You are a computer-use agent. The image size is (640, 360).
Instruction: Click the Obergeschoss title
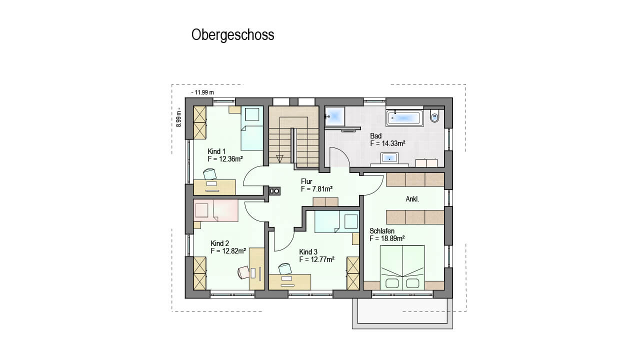pyautogui.click(x=232, y=35)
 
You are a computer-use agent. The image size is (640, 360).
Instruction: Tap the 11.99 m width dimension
pyautogui.click(x=202, y=92)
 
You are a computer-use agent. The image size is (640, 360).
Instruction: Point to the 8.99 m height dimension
pyautogui.click(x=179, y=117)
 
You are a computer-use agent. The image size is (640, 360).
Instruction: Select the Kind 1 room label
pyautogui.click(x=216, y=151)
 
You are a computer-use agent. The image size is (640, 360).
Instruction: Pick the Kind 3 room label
pyautogui.click(x=308, y=251)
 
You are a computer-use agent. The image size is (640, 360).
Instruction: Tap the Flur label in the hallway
pyautogui.click(x=306, y=181)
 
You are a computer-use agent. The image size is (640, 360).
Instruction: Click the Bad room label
pyautogui.click(x=375, y=135)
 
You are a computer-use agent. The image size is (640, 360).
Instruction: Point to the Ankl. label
pyautogui.click(x=412, y=199)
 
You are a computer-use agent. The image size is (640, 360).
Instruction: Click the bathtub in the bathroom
pyautogui.click(x=404, y=117)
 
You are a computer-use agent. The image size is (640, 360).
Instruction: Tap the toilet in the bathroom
pyautogui.click(x=434, y=116)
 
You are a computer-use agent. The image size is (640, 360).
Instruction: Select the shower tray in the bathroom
pyautogui.click(x=335, y=116)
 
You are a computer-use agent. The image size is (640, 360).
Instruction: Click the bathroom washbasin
pyautogui.click(x=389, y=158)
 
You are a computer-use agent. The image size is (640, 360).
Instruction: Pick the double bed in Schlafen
pyautogui.click(x=402, y=267)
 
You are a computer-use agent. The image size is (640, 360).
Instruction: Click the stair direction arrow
pyautogui.click(x=279, y=158)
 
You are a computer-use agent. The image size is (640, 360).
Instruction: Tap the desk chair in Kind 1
pyautogui.click(x=210, y=173)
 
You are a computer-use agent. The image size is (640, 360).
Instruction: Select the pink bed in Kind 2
pyautogui.click(x=215, y=210)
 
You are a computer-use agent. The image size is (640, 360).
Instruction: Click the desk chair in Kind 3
pyautogui.click(x=285, y=268)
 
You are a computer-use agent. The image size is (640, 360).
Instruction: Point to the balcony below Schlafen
pyautogui.click(x=402, y=313)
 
